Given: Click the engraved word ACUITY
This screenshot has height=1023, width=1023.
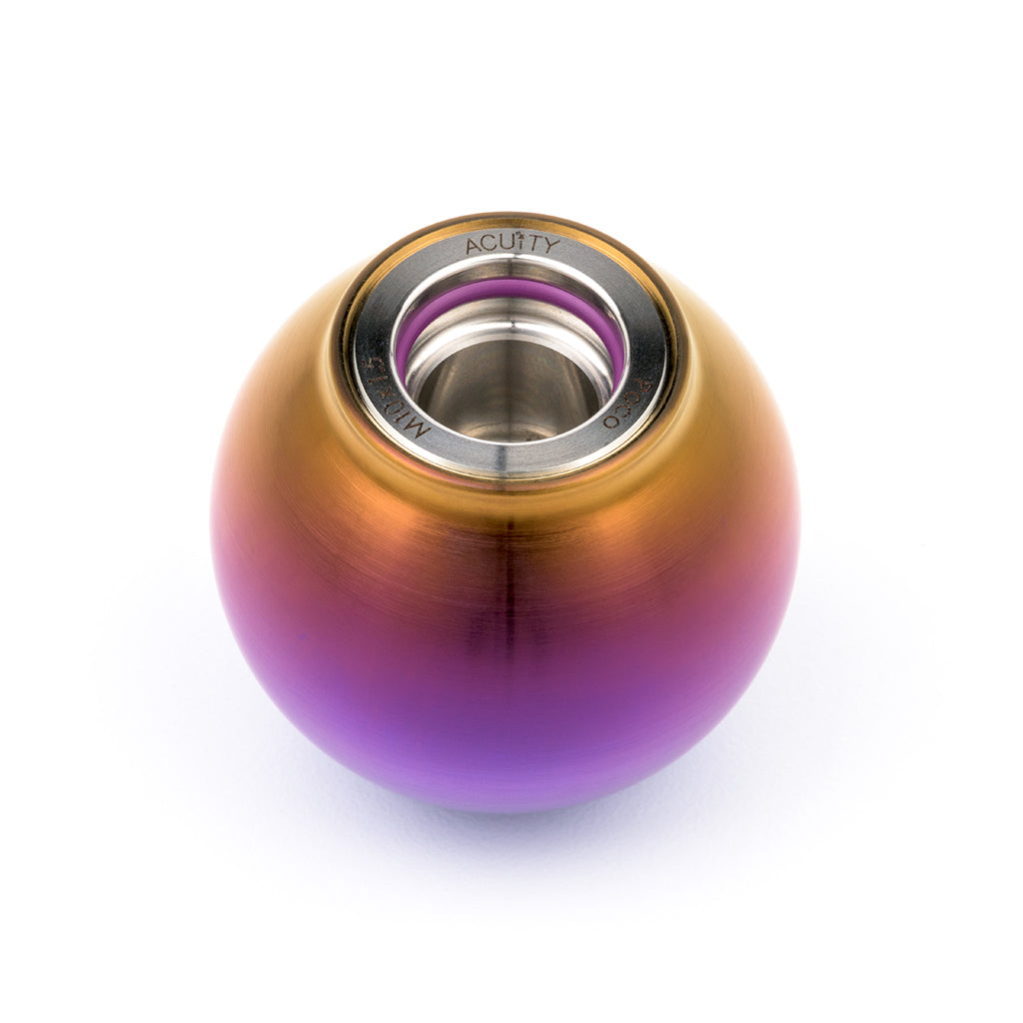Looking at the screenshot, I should tap(512, 245).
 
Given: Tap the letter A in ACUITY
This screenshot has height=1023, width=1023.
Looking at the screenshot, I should tap(475, 247).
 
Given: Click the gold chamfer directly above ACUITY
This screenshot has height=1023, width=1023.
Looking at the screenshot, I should tap(512, 222).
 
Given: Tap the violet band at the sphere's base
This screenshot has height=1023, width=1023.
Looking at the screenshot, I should tap(510, 769).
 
